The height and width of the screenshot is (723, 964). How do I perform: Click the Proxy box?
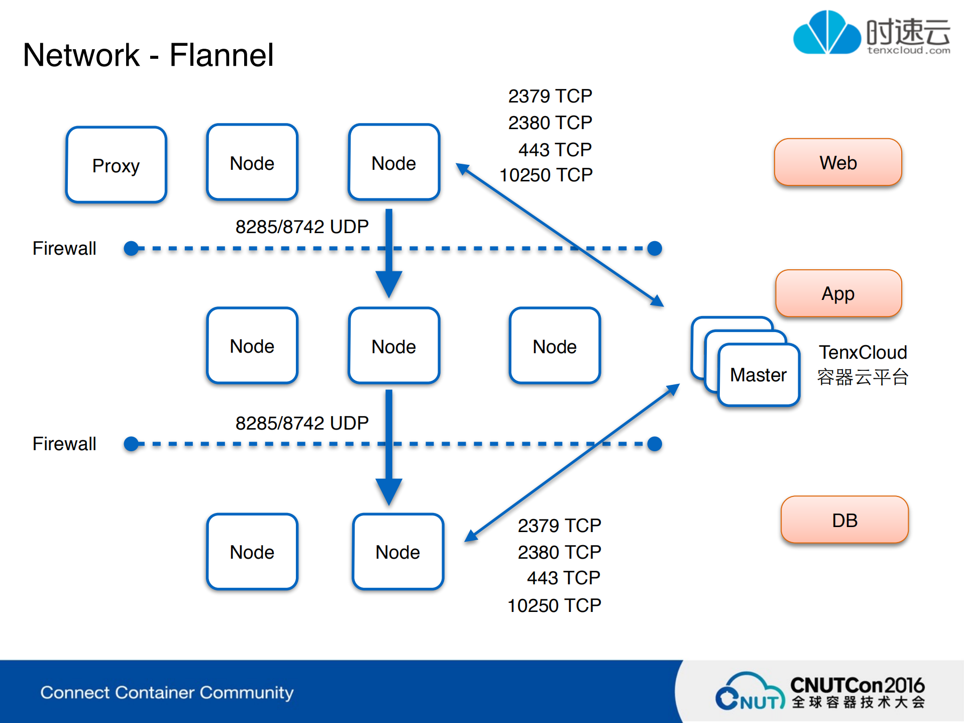pyautogui.click(x=116, y=165)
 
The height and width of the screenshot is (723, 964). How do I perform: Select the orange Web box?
pyautogui.click(x=837, y=163)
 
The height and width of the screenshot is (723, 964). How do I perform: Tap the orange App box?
pyautogui.click(x=838, y=293)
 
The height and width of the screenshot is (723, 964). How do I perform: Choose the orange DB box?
pyautogui.click(x=844, y=520)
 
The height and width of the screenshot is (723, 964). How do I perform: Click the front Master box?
pyautogui.click(x=758, y=375)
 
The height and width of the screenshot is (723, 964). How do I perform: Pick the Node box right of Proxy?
pyautogui.click(x=252, y=163)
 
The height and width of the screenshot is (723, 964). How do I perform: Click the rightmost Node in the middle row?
pyautogui.click(x=554, y=346)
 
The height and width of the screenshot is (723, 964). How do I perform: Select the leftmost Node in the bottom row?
pyautogui.click(x=252, y=552)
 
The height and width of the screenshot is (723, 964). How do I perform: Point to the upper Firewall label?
pyautogui.click(x=64, y=248)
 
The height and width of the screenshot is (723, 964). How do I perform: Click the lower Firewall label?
pyautogui.click(x=64, y=444)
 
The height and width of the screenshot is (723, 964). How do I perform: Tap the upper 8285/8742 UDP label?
pyautogui.click(x=302, y=227)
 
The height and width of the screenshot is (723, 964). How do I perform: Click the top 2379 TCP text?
pyautogui.click(x=550, y=96)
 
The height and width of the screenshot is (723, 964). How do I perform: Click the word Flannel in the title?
pyautogui.click(x=221, y=55)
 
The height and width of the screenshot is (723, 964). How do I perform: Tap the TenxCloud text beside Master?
pyautogui.click(x=862, y=352)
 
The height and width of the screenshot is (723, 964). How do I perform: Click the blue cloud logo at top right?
pyautogui.click(x=826, y=33)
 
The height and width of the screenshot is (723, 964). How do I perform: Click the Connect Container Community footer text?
pyautogui.click(x=167, y=692)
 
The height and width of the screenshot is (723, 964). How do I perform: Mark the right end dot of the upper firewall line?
pyautogui.click(x=654, y=248)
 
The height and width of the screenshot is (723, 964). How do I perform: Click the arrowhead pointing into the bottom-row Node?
pyautogui.click(x=388, y=491)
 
